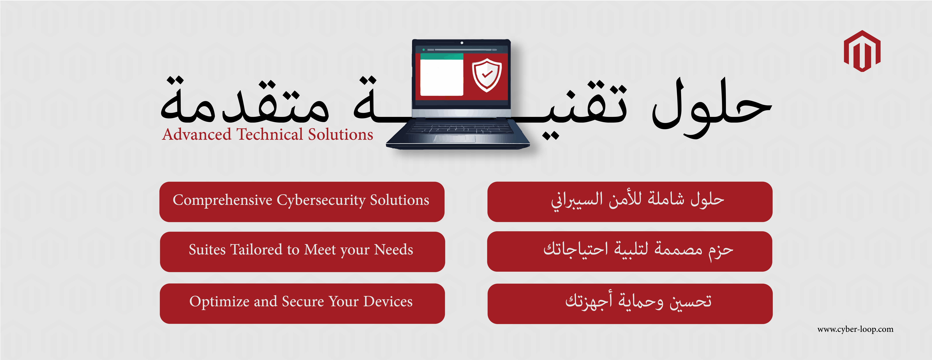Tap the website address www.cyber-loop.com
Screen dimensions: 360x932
[855, 329]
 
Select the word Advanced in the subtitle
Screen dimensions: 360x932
[196, 135]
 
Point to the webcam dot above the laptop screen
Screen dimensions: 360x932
[462, 43]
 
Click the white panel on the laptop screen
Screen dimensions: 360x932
[441, 77]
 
